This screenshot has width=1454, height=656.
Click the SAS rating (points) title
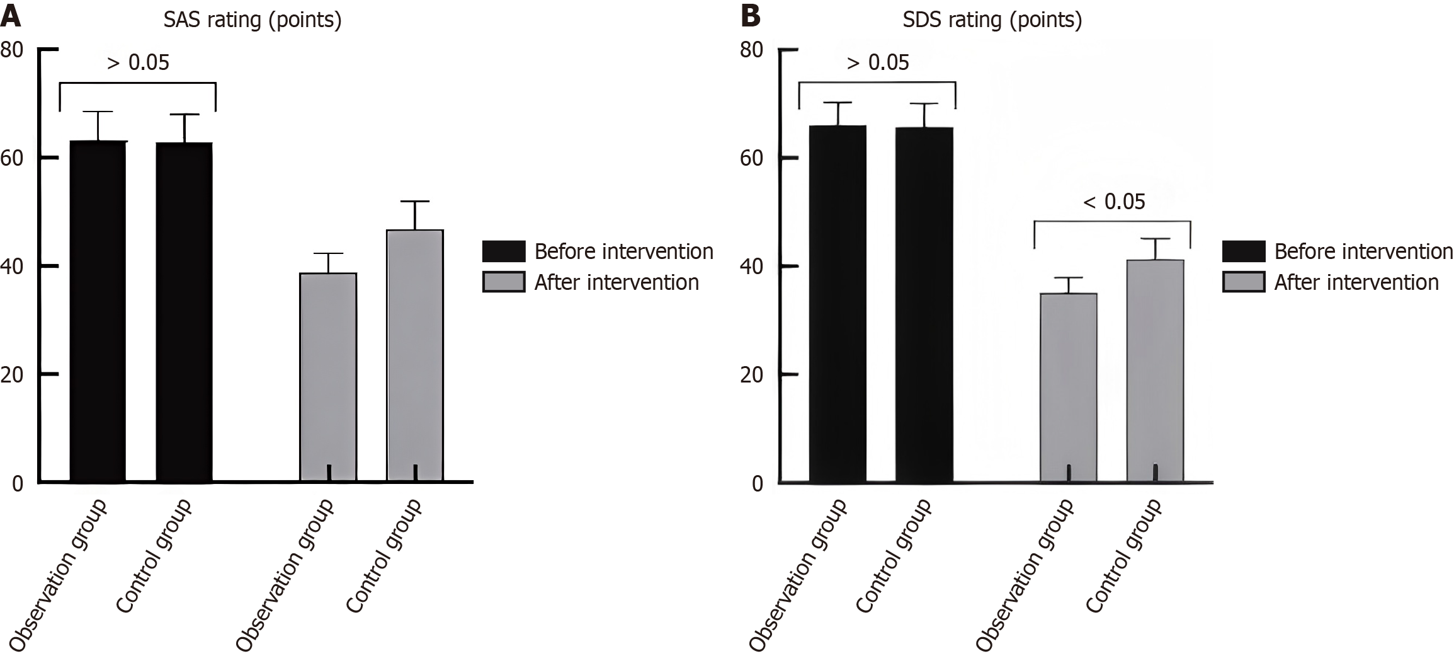(x=253, y=20)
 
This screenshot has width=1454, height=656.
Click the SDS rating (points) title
(x=992, y=20)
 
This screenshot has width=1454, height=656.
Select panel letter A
(x=10, y=16)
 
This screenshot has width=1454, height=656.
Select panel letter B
(x=750, y=16)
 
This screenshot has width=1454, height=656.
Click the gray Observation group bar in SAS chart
(x=329, y=378)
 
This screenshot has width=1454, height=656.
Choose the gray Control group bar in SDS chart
(x=1155, y=372)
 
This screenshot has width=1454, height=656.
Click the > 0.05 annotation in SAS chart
(x=138, y=62)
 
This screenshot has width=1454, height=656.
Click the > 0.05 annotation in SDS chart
(x=878, y=62)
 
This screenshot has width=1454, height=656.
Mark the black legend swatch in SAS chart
(x=504, y=251)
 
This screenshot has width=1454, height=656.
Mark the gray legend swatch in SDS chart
(x=1244, y=282)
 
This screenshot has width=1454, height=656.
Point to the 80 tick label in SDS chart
(x=752, y=49)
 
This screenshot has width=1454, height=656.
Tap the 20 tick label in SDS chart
(x=752, y=375)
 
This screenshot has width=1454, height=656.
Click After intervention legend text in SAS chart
(x=616, y=282)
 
